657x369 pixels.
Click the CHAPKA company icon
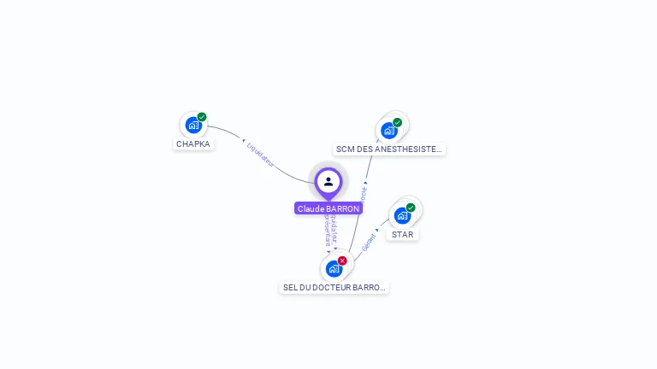193,126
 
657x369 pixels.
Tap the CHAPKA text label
193,144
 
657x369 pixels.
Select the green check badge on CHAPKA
202,117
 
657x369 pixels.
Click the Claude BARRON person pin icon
328,181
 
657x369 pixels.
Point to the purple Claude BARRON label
328,208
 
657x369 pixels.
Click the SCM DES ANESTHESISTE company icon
389,131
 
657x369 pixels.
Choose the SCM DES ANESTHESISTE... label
389,149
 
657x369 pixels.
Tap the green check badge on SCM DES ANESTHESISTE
398,122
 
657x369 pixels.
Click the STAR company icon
402,215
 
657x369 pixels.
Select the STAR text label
403,234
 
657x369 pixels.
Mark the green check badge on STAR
411,208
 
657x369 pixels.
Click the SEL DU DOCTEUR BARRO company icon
334,268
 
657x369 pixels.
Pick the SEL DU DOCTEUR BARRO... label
334,288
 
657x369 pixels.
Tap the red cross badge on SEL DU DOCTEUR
342,261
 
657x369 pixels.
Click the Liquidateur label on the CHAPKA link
261,155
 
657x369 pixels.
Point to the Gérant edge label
369,242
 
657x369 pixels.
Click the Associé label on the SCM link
364,193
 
